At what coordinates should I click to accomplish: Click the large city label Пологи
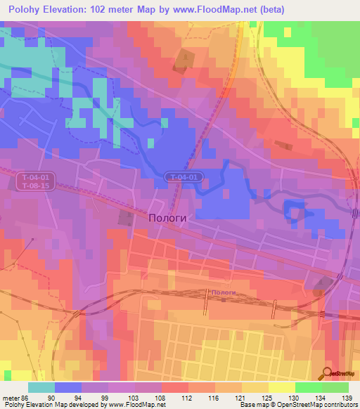click(x=168, y=218)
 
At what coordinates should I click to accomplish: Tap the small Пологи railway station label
click(x=222, y=292)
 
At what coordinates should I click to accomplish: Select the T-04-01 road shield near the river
click(x=186, y=177)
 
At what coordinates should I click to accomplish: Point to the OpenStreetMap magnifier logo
click(x=327, y=372)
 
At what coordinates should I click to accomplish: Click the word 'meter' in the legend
click(x=9, y=397)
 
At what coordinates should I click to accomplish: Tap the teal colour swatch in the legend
click(x=41, y=387)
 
